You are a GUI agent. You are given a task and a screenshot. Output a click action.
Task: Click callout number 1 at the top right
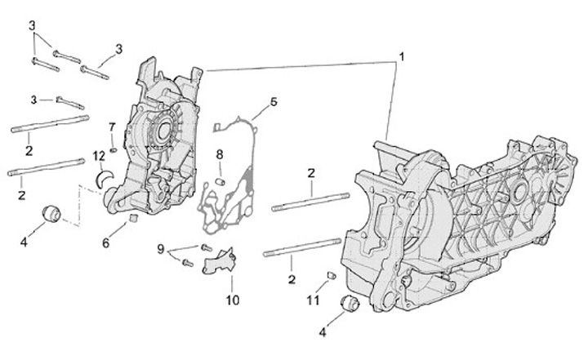402,58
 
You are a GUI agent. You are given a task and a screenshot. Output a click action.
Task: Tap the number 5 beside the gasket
274,102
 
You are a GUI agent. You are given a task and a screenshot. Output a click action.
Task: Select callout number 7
113,127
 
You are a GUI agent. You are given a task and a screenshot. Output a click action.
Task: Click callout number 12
98,156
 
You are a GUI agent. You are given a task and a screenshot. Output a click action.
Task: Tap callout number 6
106,242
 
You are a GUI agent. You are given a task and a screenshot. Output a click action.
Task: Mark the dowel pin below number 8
221,180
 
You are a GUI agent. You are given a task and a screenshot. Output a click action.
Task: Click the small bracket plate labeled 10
219,265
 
